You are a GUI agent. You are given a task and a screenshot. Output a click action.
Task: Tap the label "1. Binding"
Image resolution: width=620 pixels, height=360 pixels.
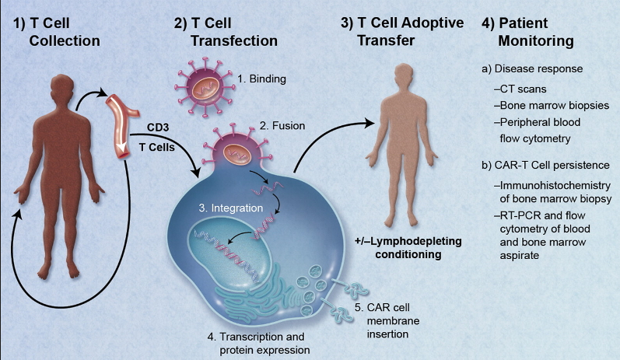[264, 79]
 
